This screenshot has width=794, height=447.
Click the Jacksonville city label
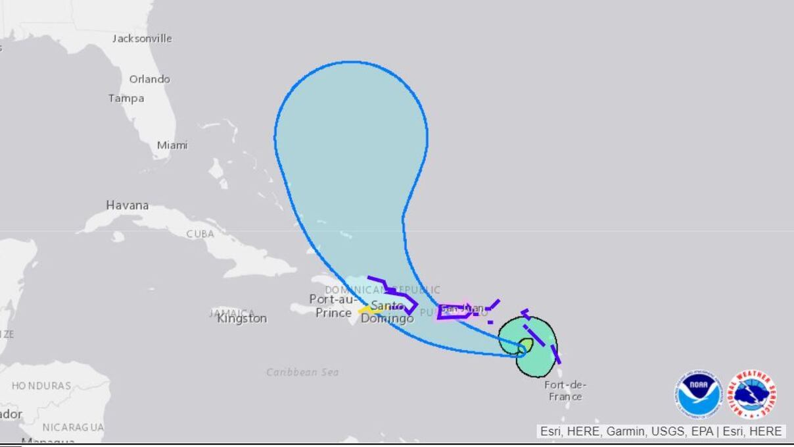142,39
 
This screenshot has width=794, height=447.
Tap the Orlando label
149,79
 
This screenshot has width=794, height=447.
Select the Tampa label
126,98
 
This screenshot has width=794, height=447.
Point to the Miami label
172,145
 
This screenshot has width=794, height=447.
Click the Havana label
128,205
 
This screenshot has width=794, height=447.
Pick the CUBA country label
200,234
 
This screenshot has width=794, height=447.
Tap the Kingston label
243,319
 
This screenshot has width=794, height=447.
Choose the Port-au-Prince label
334,306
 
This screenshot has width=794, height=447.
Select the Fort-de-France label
565,390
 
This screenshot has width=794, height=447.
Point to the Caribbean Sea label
302,373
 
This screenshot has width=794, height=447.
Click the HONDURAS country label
41,386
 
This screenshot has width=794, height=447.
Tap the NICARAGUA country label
73,427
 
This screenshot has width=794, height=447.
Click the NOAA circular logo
697,395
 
